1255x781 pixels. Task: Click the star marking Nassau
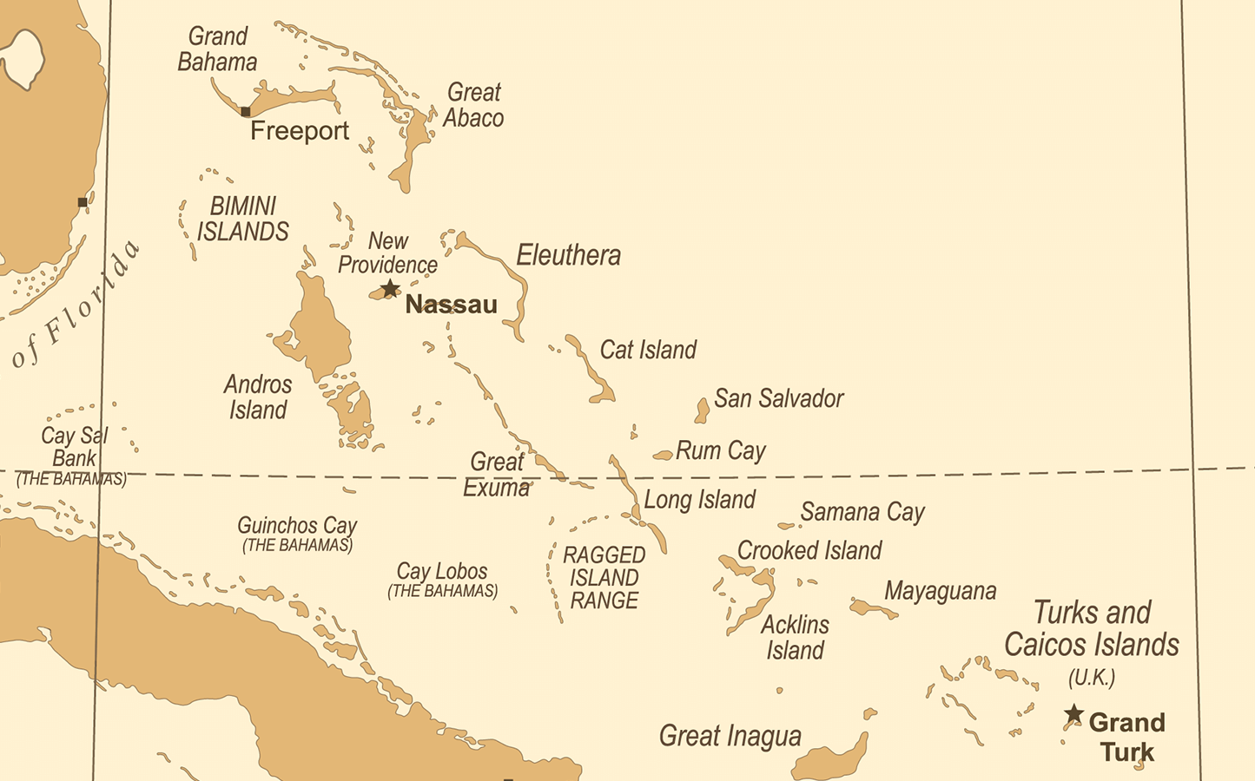click(391, 288)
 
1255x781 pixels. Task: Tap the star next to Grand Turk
click(1074, 714)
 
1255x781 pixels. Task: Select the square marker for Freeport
click(246, 111)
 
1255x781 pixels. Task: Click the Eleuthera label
click(569, 255)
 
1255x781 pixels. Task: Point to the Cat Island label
click(648, 350)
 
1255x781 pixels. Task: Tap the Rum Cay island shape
click(664, 455)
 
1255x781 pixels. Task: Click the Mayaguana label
click(940, 591)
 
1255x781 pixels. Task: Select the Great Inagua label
click(730, 736)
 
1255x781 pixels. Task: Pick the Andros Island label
click(258, 397)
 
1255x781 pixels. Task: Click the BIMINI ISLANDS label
click(243, 219)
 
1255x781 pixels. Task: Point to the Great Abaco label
click(473, 105)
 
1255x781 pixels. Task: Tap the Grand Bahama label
click(217, 49)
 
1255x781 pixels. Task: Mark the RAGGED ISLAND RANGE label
click(604, 578)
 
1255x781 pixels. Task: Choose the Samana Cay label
click(862, 512)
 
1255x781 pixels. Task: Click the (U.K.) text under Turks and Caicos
click(1092, 678)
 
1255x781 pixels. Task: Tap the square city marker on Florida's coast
click(83, 202)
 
